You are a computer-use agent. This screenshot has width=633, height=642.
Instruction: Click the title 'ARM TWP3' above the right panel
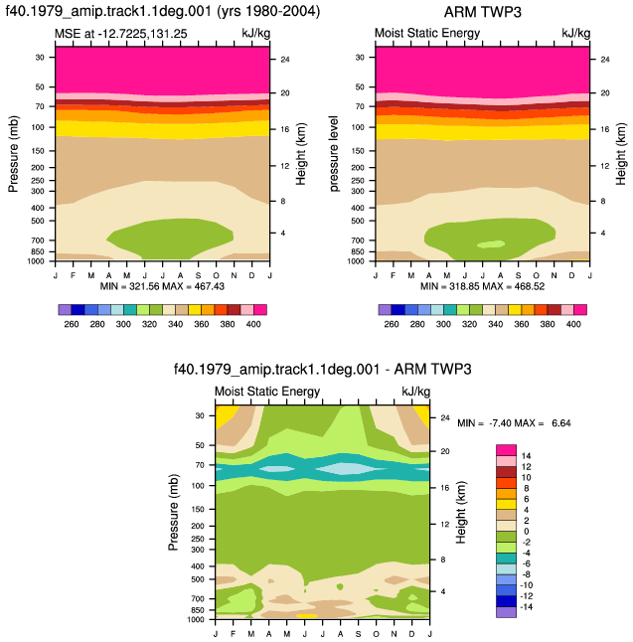coord(482,12)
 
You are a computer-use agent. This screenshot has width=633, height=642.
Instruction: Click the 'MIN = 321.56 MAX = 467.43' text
coord(162,286)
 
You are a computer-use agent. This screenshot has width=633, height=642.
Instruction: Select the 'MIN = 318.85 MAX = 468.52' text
coord(482,286)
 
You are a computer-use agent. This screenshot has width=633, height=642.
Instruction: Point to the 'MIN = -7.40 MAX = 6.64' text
coord(514,423)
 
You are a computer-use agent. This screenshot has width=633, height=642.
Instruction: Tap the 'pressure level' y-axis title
coord(334,153)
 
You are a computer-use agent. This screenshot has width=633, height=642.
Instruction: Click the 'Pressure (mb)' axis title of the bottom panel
coord(173,512)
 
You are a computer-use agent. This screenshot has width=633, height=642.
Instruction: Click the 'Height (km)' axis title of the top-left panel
coord(300,153)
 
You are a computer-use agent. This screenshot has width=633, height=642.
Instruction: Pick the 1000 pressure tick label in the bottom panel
coord(196,619)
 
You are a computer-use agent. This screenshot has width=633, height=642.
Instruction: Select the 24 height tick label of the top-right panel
coord(605,60)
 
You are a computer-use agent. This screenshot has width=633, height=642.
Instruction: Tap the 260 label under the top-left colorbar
coord(72,324)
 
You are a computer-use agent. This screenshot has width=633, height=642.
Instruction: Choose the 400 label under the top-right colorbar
coord(573,324)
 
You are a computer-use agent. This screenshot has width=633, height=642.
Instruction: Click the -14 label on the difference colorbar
coord(526,607)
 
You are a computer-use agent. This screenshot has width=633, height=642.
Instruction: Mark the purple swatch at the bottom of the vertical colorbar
coord(506,612)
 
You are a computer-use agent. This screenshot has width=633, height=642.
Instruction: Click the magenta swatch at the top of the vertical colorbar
coord(506,450)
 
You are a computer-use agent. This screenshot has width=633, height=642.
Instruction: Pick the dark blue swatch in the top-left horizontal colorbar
coord(78,309)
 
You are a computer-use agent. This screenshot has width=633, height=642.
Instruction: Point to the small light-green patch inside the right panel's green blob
coord(491,244)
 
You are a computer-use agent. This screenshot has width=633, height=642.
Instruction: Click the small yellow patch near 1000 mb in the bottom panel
coord(307,616)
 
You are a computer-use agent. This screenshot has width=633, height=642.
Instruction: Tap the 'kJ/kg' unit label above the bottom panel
coord(415,392)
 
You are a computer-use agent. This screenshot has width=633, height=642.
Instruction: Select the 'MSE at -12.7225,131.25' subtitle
coord(121,34)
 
